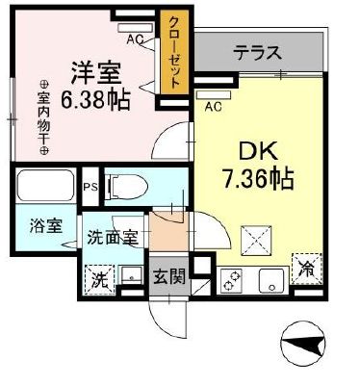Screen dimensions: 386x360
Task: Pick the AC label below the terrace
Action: pyautogui.click(x=212, y=106)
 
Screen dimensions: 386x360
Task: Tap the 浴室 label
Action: pyautogui.click(x=44, y=228)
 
